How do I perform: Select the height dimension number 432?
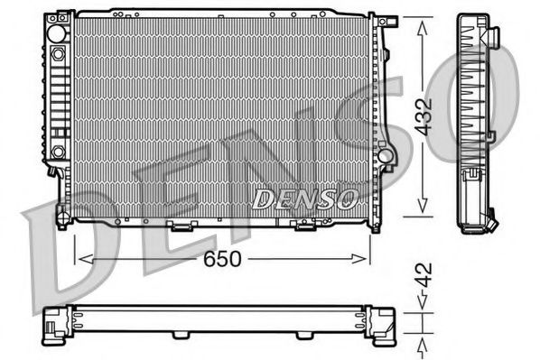coord(425,115)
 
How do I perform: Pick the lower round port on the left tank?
coord(58,151)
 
